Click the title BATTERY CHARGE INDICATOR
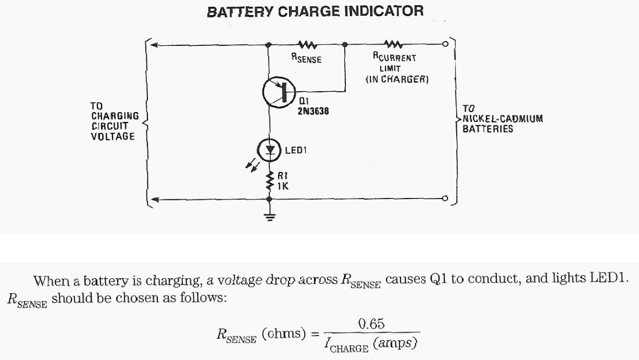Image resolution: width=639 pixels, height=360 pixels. (315, 11)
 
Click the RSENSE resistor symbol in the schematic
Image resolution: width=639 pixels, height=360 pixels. (306, 44)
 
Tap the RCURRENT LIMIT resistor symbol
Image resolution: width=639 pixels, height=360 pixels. (394, 44)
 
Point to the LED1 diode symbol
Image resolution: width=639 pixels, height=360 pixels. (269, 150)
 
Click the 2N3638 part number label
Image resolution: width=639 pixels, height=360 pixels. (313, 111)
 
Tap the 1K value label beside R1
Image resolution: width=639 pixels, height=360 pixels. (283, 186)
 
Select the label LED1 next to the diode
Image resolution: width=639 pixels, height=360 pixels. (295, 150)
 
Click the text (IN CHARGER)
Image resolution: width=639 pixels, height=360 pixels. (397, 79)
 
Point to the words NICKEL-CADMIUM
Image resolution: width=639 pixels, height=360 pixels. (503, 118)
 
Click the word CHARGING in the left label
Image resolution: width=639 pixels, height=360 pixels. (115, 116)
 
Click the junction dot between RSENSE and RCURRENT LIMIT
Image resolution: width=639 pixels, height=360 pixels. (345, 44)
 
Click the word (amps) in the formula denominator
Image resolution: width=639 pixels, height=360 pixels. (396, 344)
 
